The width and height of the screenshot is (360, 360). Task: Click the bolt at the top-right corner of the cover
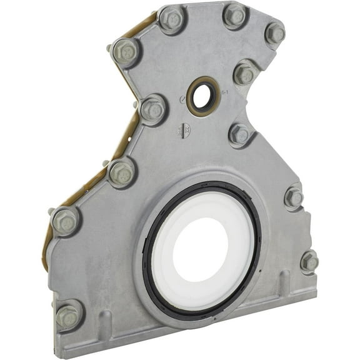point(274,34)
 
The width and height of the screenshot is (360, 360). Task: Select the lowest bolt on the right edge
point(309,262)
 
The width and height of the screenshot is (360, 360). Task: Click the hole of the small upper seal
point(202,96)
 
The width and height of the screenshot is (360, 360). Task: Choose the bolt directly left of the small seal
point(152,111)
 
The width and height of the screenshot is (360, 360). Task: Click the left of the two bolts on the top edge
point(171,19)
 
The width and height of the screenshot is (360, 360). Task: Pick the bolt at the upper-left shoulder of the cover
point(125,52)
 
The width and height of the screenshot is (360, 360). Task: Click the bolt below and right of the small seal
point(239,134)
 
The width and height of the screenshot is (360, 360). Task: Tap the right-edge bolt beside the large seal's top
point(293,197)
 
